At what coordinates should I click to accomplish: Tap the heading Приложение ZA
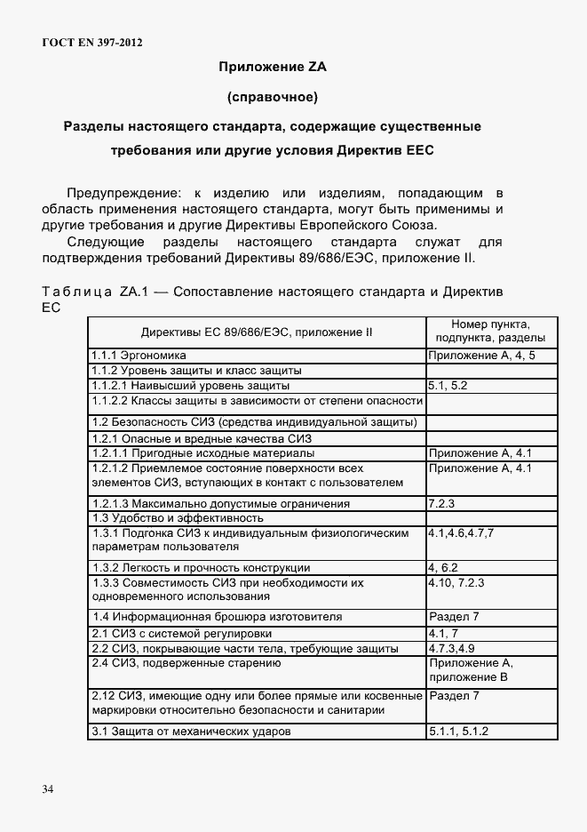click(273, 66)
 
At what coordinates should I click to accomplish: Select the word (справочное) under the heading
click(273, 96)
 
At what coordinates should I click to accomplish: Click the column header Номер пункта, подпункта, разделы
click(491, 331)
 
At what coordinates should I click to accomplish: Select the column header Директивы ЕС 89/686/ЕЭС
click(257, 332)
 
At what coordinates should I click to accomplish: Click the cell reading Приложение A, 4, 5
click(480, 355)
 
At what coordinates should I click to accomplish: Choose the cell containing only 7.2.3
click(441, 503)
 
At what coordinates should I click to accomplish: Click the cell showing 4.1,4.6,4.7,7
click(460, 532)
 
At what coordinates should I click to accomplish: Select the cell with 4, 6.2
click(443, 567)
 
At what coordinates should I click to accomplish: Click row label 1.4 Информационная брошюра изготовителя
click(218, 616)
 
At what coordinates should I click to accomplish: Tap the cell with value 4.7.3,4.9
click(456, 648)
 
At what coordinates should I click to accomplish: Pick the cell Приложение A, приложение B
click(471, 670)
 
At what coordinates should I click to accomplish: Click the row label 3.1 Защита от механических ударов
click(192, 732)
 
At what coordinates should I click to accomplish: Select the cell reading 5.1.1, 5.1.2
click(458, 732)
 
